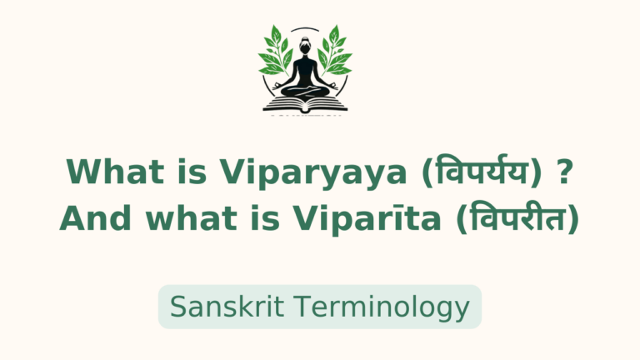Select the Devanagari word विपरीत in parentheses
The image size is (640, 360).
(x=522, y=218)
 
